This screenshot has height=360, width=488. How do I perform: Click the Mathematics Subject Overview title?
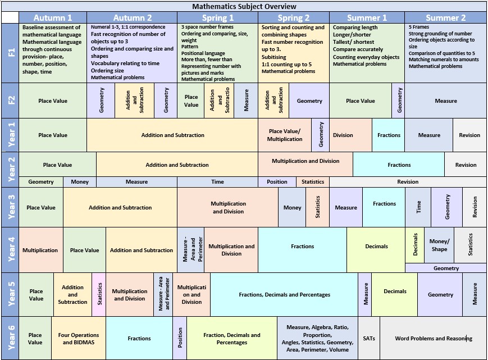(x=244, y=6)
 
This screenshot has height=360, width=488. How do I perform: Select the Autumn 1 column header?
(x=53, y=17)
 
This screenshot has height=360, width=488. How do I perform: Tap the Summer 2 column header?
(x=445, y=17)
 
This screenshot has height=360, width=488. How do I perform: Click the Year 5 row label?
(x=11, y=294)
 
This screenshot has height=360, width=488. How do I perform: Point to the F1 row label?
(x=11, y=53)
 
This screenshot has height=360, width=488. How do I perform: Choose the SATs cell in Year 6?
(x=369, y=338)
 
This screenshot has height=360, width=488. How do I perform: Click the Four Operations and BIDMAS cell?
(x=79, y=338)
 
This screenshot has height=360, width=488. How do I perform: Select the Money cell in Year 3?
(x=292, y=207)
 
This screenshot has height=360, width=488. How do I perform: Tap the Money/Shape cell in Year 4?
(x=439, y=245)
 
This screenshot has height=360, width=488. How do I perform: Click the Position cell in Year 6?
(x=180, y=338)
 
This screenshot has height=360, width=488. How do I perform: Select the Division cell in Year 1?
(x=343, y=135)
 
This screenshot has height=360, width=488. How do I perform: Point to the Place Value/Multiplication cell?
(x=285, y=135)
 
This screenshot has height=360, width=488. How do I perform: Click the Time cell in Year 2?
(x=217, y=181)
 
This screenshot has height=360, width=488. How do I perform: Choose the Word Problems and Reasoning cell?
(x=433, y=338)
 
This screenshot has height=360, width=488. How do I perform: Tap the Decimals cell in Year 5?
(x=395, y=291)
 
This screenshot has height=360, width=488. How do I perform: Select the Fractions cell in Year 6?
(x=139, y=338)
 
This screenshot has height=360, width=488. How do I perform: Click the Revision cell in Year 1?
(x=469, y=135)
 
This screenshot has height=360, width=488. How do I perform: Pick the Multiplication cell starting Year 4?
(x=40, y=250)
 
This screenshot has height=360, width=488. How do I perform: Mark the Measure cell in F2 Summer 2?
(x=446, y=101)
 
